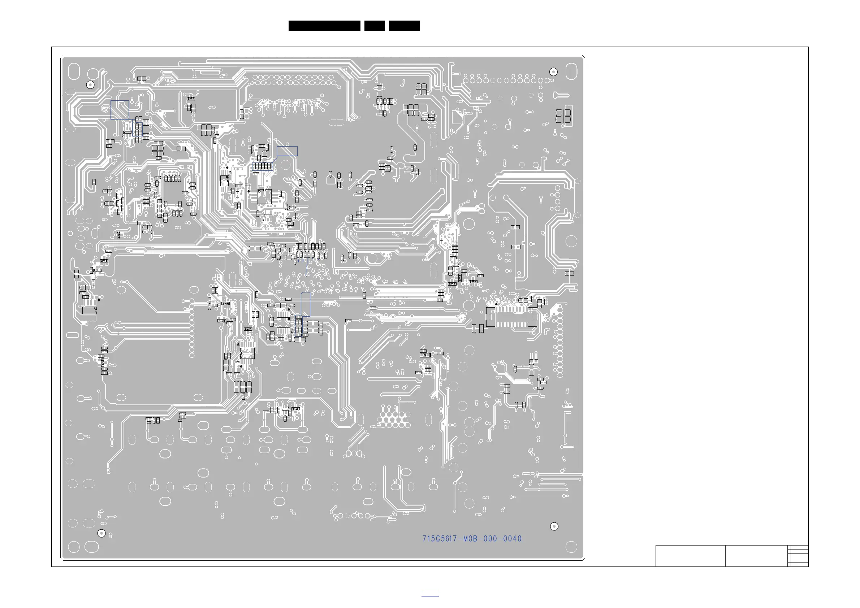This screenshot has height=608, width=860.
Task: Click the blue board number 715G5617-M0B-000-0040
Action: pos(472,539)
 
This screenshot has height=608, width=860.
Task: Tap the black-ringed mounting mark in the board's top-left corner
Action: pos(90,85)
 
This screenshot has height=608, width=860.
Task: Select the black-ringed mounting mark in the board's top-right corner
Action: pos(553,72)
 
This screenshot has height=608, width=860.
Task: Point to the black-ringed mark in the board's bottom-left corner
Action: pos(101,533)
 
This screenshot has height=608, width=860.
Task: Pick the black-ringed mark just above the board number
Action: pos(554,526)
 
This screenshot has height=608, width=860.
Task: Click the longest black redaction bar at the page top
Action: pos(324,26)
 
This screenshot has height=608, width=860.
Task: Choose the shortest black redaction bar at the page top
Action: pos(375,26)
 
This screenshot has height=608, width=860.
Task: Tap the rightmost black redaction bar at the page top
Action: pos(404,26)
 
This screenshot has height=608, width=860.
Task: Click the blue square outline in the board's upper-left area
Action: pos(120,110)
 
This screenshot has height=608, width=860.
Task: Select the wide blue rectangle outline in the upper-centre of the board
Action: pos(287,151)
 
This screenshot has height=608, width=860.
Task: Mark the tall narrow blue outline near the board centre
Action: pos(306,304)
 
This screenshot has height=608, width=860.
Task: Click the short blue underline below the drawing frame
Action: pos(430,595)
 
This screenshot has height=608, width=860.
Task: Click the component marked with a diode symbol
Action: pos(425,355)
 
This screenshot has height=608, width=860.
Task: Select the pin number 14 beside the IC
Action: pos(292,331)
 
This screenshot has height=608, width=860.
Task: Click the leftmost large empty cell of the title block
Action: pos(690,556)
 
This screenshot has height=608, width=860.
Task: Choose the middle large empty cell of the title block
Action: pos(756,556)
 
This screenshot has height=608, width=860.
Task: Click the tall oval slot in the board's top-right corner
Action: pos(571,71)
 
